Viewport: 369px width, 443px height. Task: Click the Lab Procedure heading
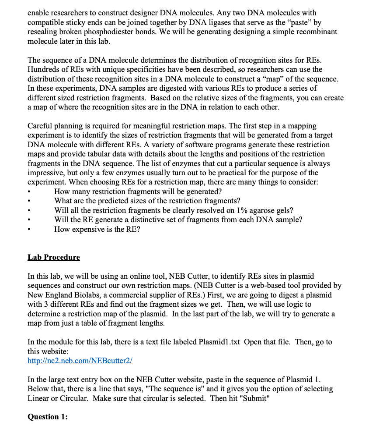pos(53,257)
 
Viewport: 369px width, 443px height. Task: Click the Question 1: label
pos(48,417)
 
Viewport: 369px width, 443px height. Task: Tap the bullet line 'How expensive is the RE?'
pos(97,229)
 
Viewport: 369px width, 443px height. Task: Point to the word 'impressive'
pos(47,173)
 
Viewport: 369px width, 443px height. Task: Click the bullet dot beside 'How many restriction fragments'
pos(29,192)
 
